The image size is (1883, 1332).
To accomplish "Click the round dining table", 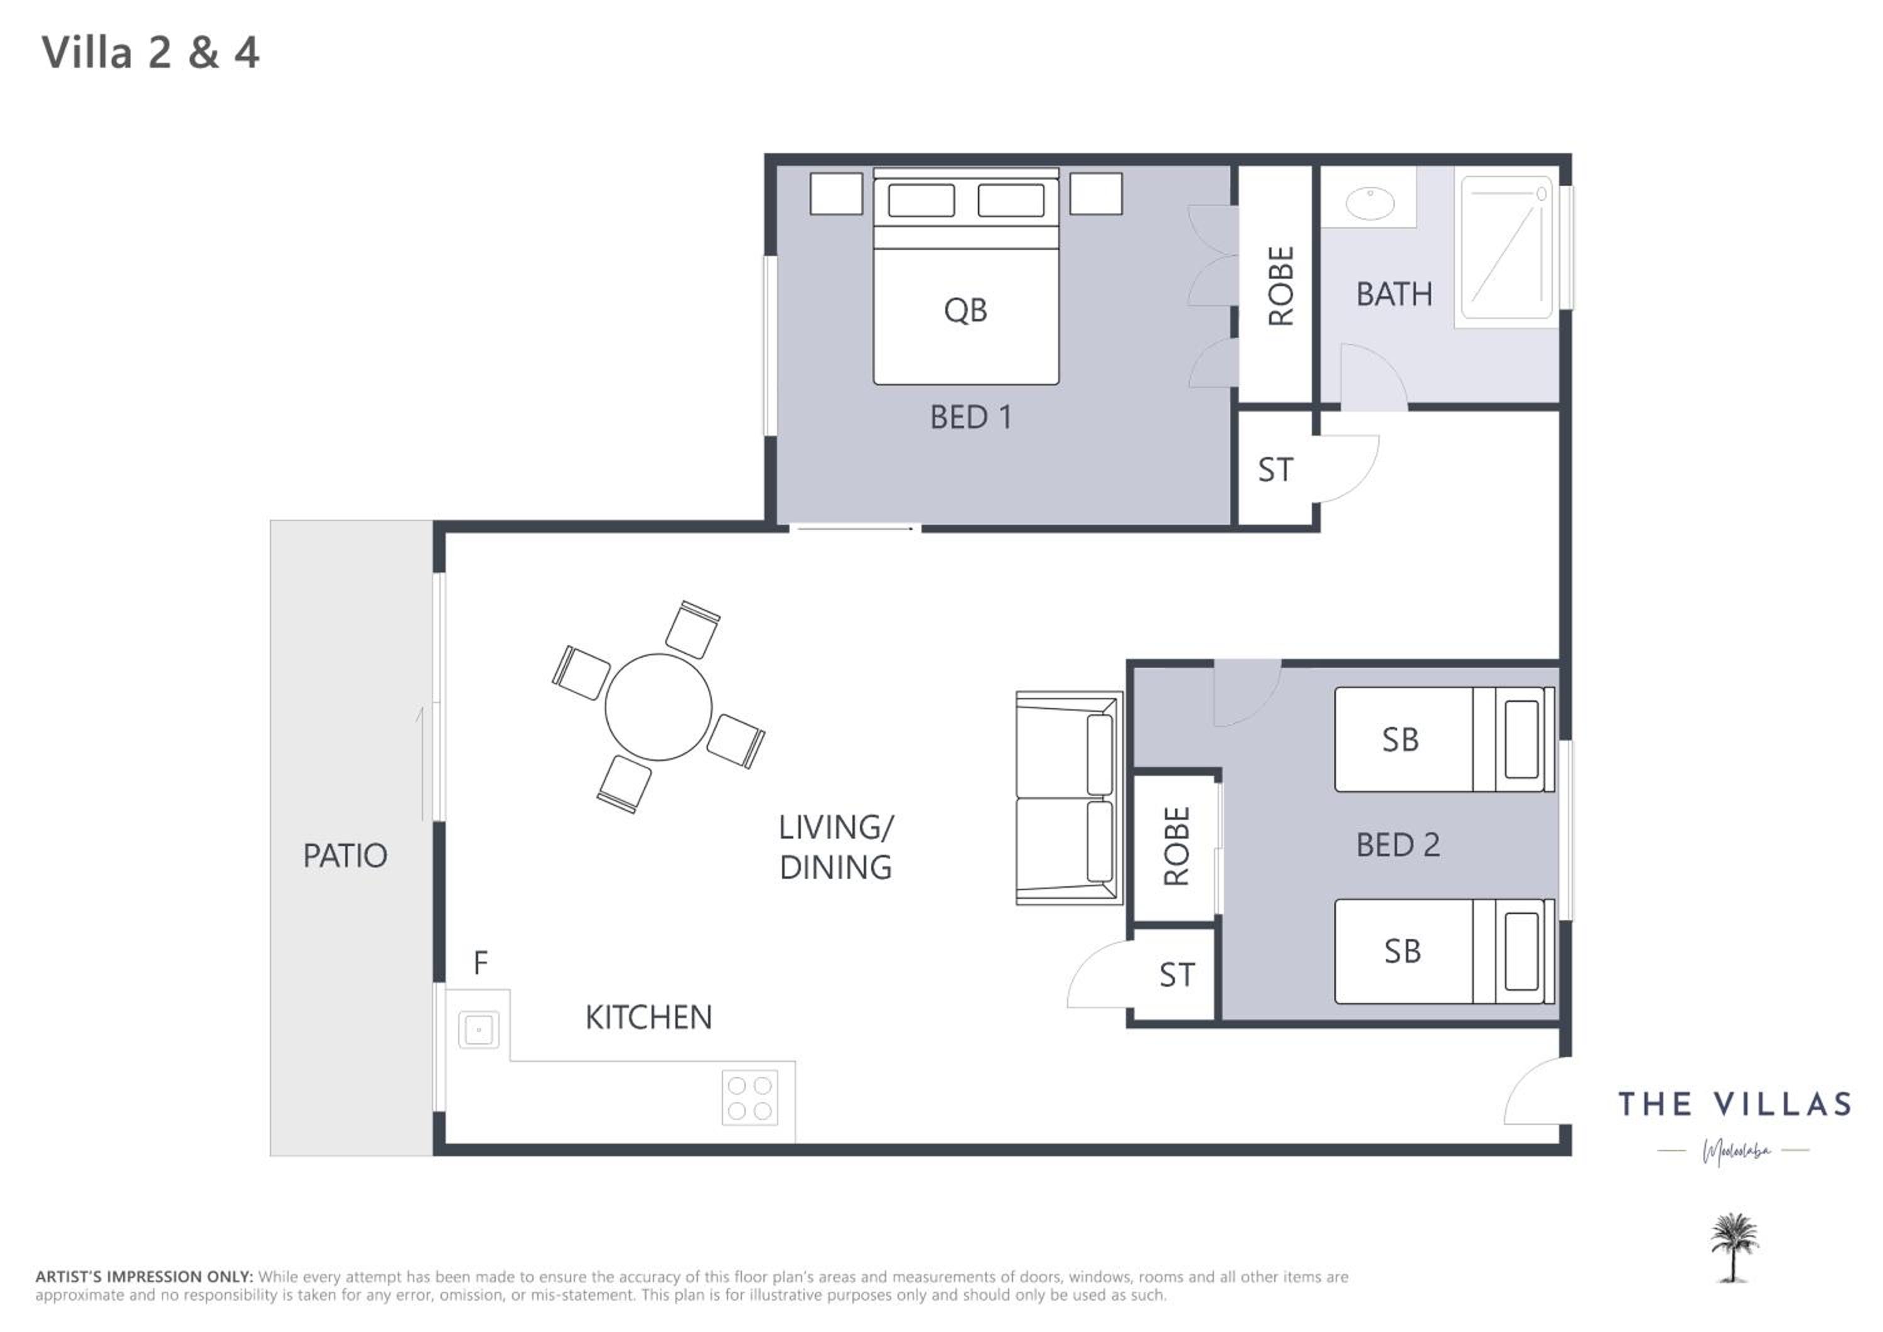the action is point(658,707).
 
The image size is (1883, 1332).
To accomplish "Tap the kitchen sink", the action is point(478,1029).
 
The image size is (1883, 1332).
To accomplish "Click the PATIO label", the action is point(345,856).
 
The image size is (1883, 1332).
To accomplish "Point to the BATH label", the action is point(1394,294).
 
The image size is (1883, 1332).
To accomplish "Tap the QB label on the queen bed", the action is point(965,311).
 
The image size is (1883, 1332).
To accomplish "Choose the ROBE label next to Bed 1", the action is point(1281,286).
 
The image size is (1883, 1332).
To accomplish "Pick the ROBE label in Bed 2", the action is point(1177,846).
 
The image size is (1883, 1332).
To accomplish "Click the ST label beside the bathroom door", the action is point(1275,470).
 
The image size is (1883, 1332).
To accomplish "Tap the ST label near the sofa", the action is point(1177,975).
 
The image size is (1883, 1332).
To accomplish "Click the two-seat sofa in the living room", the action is point(1069,798).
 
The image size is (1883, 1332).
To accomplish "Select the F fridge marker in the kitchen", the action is point(481,962).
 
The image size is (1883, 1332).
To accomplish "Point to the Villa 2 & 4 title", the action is point(151,53).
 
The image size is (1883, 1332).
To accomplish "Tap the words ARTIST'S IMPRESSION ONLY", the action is point(144,1277).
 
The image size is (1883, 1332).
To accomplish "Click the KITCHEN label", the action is point(649,1018).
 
